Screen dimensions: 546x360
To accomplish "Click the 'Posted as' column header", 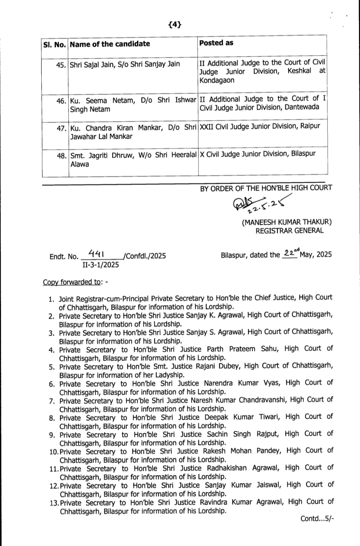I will click(x=216, y=43).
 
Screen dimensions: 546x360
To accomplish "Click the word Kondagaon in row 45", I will click(x=217, y=81).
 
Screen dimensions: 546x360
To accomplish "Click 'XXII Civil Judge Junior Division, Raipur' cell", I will click(x=260, y=126).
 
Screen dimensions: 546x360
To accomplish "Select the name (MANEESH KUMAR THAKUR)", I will click(x=287, y=222).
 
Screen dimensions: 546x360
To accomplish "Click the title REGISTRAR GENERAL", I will click(x=289, y=231).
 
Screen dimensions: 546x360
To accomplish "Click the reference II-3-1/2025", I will click(x=100, y=265).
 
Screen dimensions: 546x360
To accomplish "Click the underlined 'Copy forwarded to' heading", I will click(x=72, y=282).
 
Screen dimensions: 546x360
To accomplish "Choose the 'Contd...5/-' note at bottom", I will click(x=317, y=519).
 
